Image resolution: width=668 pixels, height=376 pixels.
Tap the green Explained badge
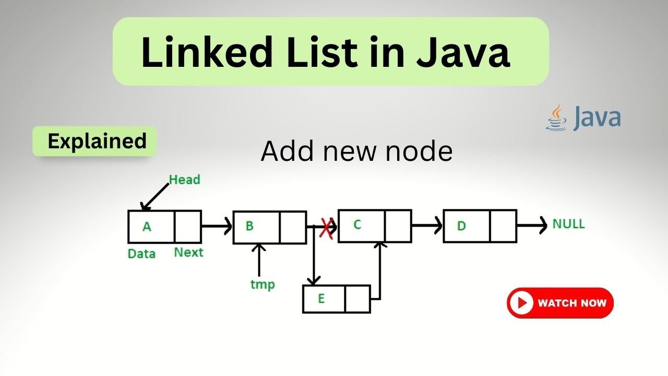click(x=97, y=141)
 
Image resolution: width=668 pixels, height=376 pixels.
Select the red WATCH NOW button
click(x=560, y=303)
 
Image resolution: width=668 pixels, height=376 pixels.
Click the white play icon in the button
click(x=522, y=303)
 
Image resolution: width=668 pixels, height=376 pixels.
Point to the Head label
click(x=184, y=180)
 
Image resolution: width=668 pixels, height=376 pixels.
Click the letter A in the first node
click(x=147, y=227)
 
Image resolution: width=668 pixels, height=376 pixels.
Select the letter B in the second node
click(x=249, y=226)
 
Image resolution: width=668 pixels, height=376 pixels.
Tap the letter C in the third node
click(x=357, y=225)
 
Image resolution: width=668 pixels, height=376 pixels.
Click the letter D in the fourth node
click(x=461, y=226)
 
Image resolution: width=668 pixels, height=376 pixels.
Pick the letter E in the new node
click(x=321, y=299)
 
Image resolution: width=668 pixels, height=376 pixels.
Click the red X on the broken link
click(x=327, y=228)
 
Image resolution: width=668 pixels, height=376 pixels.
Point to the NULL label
click(x=569, y=224)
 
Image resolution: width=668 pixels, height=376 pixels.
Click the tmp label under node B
click(x=263, y=285)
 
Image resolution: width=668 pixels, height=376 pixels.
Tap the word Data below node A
click(x=141, y=254)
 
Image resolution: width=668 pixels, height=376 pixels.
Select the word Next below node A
click(x=188, y=253)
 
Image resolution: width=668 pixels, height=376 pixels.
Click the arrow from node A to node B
click(x=216, y=227)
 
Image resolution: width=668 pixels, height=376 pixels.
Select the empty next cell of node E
click(x=357, y=299)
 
